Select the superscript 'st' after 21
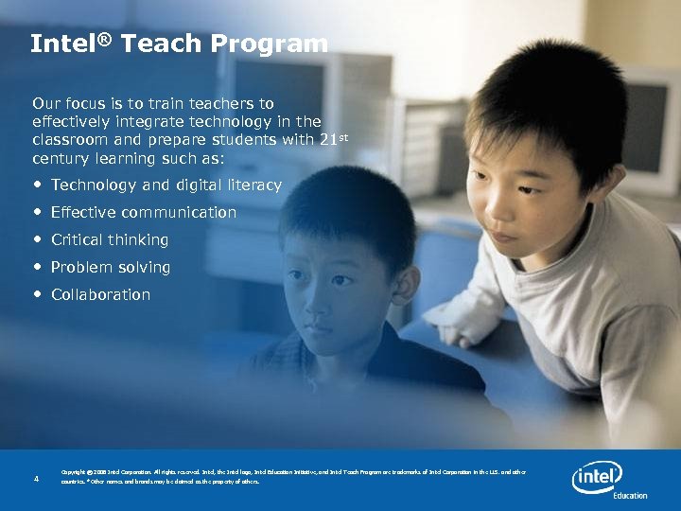(343, 137)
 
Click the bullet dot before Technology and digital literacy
(38, 185)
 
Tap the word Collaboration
(100, 294)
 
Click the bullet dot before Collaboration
(38, 294)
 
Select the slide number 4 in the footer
(36, 479)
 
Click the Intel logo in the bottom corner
(597, 477)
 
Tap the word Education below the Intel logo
(630, 495)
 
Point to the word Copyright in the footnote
(77, 471)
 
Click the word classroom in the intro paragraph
(71, 139)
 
